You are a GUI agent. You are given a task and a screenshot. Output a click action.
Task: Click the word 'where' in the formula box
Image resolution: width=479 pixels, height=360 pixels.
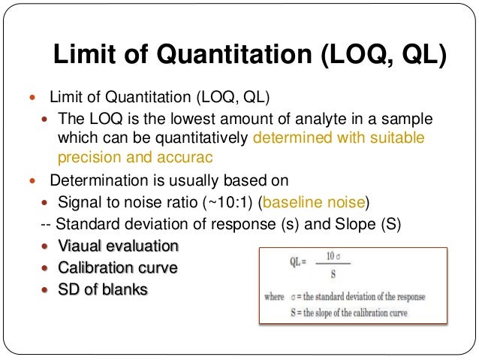(x=274, y=297)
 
